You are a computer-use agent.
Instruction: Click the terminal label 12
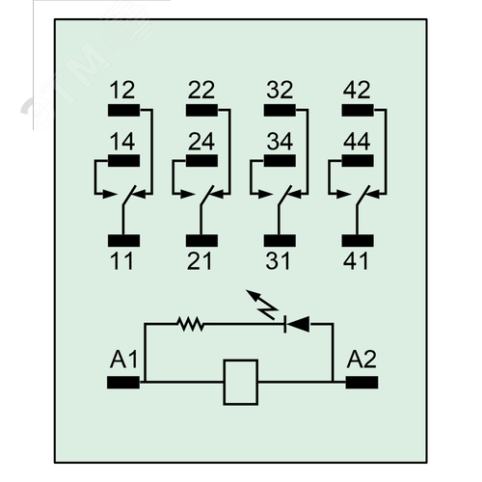click(122, 90)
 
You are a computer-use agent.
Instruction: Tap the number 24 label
click(201, 142)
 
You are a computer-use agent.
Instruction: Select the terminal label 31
click(278, 260)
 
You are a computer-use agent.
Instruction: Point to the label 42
click(357, 90)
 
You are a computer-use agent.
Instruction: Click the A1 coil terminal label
click(123, 360)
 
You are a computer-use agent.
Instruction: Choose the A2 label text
click(361, 360)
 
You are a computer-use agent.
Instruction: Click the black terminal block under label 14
click(123, 161)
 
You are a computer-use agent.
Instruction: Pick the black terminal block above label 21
click(201, 241)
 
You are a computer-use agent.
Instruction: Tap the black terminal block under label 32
click(280, 110)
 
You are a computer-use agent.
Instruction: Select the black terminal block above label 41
click(358, 241)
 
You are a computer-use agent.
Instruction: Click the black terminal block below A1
click(123, 383)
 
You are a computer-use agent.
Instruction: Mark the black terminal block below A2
click(361, 383)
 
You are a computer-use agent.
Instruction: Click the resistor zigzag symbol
click(191, 324)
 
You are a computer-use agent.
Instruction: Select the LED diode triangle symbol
click(297, 324)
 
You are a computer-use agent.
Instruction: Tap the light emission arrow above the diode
click(262, 305)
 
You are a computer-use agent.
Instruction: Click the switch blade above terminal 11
click(129, 195)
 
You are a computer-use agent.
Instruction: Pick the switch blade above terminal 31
click(285, 195)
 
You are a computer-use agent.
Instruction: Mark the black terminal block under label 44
click(358, 161)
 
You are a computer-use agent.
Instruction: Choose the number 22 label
click(201, 90)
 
